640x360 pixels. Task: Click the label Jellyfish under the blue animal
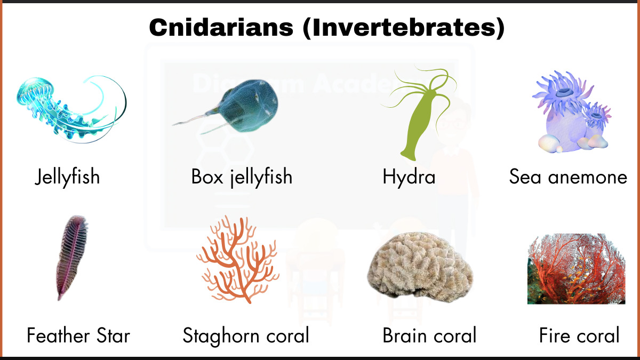67,177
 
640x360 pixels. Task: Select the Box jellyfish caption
242,177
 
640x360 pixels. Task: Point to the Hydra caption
409,177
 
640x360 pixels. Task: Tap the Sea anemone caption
568,177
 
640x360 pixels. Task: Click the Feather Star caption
78,336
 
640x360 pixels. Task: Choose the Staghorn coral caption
246,336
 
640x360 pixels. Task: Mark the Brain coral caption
429,336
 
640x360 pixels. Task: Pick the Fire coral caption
579,336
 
